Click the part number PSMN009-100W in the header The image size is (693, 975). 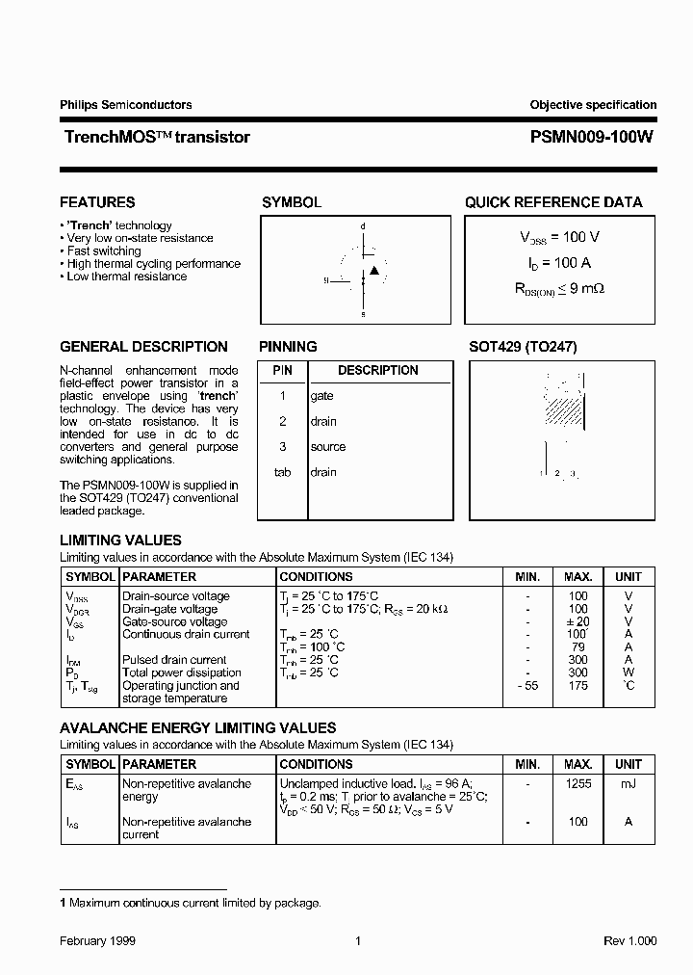[592, 137]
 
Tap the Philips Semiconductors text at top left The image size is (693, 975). [125, 105]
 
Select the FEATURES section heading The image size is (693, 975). [97, 202]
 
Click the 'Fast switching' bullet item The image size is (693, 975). [104, 250]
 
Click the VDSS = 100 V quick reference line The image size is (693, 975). [559, 237]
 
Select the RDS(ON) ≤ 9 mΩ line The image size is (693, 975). [559, 288]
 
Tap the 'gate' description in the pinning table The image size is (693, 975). [321, 396]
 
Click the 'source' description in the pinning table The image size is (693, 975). [327, 447]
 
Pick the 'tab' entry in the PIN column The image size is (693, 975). [282, 472]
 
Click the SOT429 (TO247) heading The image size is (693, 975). [523, 347]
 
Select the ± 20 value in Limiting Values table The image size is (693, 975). [577, 621]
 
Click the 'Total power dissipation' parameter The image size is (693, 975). [181, 672]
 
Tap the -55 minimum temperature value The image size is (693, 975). [526, 685]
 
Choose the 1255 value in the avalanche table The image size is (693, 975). [577, 784]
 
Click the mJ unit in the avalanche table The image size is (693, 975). [628, 784]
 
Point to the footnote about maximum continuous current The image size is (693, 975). [191, 903]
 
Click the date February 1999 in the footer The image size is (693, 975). [97, 941]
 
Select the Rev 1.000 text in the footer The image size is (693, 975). [629, 941]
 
